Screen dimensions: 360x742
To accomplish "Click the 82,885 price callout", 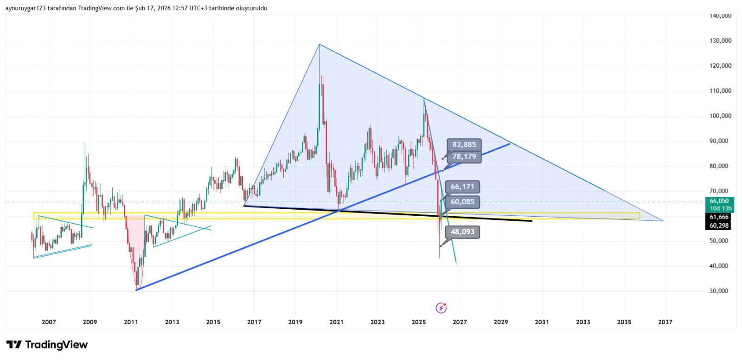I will pos(464,145).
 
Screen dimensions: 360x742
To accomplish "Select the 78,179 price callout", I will pos(464,157).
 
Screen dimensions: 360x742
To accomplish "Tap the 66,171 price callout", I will pos(462,187).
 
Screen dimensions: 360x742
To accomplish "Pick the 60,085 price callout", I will pos(462,202).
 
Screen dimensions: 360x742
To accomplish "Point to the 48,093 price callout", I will pos(462,232).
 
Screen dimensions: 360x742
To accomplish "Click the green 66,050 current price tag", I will pos(719,201).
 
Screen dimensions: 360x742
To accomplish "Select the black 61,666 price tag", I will pos(719,217).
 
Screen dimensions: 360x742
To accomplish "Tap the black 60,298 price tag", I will pos(719,226).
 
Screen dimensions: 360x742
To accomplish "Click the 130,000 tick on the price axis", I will pos(720,41).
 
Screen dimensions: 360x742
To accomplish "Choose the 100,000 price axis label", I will pos(720,116).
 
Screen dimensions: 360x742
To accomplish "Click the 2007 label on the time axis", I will pos(49,322).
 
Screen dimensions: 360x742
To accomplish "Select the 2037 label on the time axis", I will pos(665,322).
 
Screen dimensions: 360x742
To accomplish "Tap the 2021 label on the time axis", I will pos(336,322).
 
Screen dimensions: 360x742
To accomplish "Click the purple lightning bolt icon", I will pos(441,308).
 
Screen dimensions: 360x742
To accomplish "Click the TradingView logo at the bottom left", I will pos(47,345).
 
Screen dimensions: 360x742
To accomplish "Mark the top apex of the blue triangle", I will pos(319,45).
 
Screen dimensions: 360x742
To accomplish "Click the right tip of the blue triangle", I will pos(663,221).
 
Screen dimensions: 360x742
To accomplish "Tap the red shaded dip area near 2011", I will pos(135,241).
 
